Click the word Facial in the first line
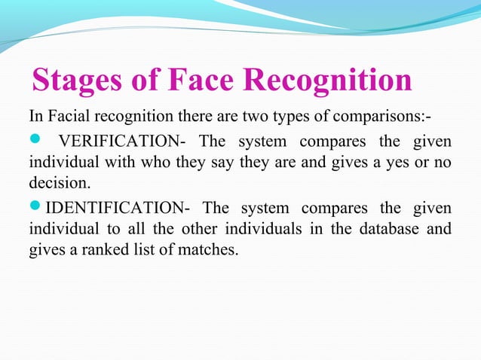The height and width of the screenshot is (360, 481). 66,117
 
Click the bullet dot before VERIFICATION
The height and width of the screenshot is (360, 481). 35,141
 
